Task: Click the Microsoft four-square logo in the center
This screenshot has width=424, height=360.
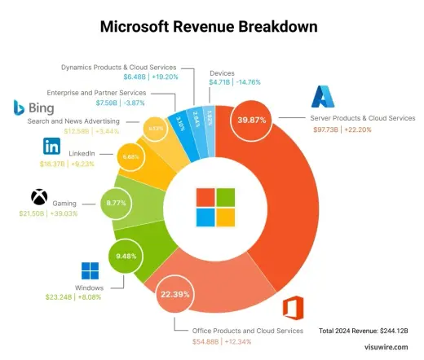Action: tap(214, 207)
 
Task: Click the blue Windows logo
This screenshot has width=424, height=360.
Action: tap(89, 272)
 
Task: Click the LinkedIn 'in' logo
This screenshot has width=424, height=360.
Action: tap(51, 147)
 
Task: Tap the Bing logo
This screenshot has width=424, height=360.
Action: tap(33, 108)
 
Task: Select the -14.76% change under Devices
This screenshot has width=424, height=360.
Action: tap(250, 82)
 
